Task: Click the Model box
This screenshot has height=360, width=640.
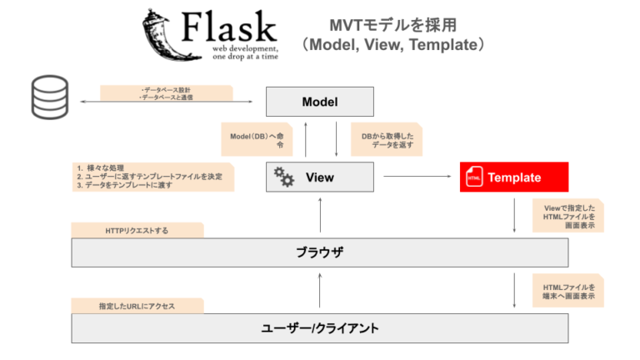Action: [x=320, y=102]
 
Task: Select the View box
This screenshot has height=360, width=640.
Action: [x=320, y=177]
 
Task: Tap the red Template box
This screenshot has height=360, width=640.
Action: [x=513, y=177]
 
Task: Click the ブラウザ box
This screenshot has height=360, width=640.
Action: [x=320, y=252]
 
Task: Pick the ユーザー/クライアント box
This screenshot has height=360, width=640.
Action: [x=320, y=327]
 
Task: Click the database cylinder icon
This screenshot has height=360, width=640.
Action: [x=49, y=97]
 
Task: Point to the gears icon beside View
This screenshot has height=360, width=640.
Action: [x=284, y=177]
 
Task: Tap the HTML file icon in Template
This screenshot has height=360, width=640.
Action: [x=474, y=177]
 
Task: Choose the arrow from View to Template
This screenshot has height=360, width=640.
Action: [x=416, y=177]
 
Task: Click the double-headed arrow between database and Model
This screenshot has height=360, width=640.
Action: [x=166, y=102]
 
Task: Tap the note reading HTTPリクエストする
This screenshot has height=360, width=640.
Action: [x=137, y=229]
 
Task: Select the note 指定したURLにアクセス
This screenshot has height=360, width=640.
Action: [x=137, y=306]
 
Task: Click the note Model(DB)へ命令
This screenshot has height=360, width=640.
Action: [x=256, y=139]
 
